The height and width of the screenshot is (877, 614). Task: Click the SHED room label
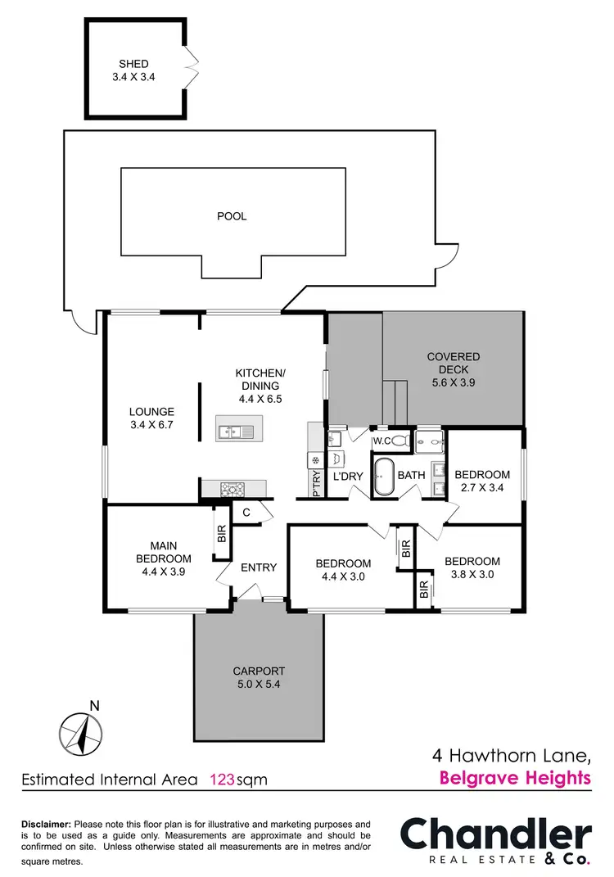[134, 70]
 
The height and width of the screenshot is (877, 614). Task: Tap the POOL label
[232, 217]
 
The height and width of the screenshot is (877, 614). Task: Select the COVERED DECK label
[453, 369]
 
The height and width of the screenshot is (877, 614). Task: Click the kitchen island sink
[235, 429]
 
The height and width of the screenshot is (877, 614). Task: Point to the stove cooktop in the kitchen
[233, 490]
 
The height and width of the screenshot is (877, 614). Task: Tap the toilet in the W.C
[399, 441]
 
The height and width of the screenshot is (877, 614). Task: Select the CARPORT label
[259, 677]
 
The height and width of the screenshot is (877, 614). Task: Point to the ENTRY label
[259, 567]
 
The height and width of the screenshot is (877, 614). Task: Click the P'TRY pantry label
[316, 483]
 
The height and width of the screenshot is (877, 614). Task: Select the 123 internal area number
[223, 780]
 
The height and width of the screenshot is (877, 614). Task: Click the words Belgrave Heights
[515, 778]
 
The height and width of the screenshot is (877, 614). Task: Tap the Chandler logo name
[495, 834]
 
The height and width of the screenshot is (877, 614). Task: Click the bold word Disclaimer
[46, 824]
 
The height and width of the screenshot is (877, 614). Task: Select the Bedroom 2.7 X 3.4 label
[482, 481]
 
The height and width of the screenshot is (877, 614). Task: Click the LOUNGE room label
[152, 418]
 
